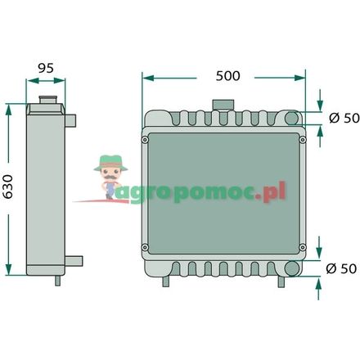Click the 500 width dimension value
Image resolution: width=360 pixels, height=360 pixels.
[x=227, y=76]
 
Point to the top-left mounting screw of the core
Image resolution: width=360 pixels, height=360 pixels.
[x=145, y=139]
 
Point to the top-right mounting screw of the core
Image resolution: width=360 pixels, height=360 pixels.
[x=303, y=139]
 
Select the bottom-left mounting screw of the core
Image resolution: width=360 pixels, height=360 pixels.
[x=145, y=248]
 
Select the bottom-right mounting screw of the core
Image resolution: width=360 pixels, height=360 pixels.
[x=303, y=248]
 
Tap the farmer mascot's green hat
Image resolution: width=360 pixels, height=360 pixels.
[x=107, y=160]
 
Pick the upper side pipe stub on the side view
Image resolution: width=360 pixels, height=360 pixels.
[x=74, y=120]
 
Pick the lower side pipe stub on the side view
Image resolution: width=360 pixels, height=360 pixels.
[x=75, y=262]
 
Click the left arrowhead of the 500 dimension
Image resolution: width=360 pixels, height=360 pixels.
[x=145, y=77]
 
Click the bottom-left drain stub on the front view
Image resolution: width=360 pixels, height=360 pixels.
[x=166, y=281]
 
